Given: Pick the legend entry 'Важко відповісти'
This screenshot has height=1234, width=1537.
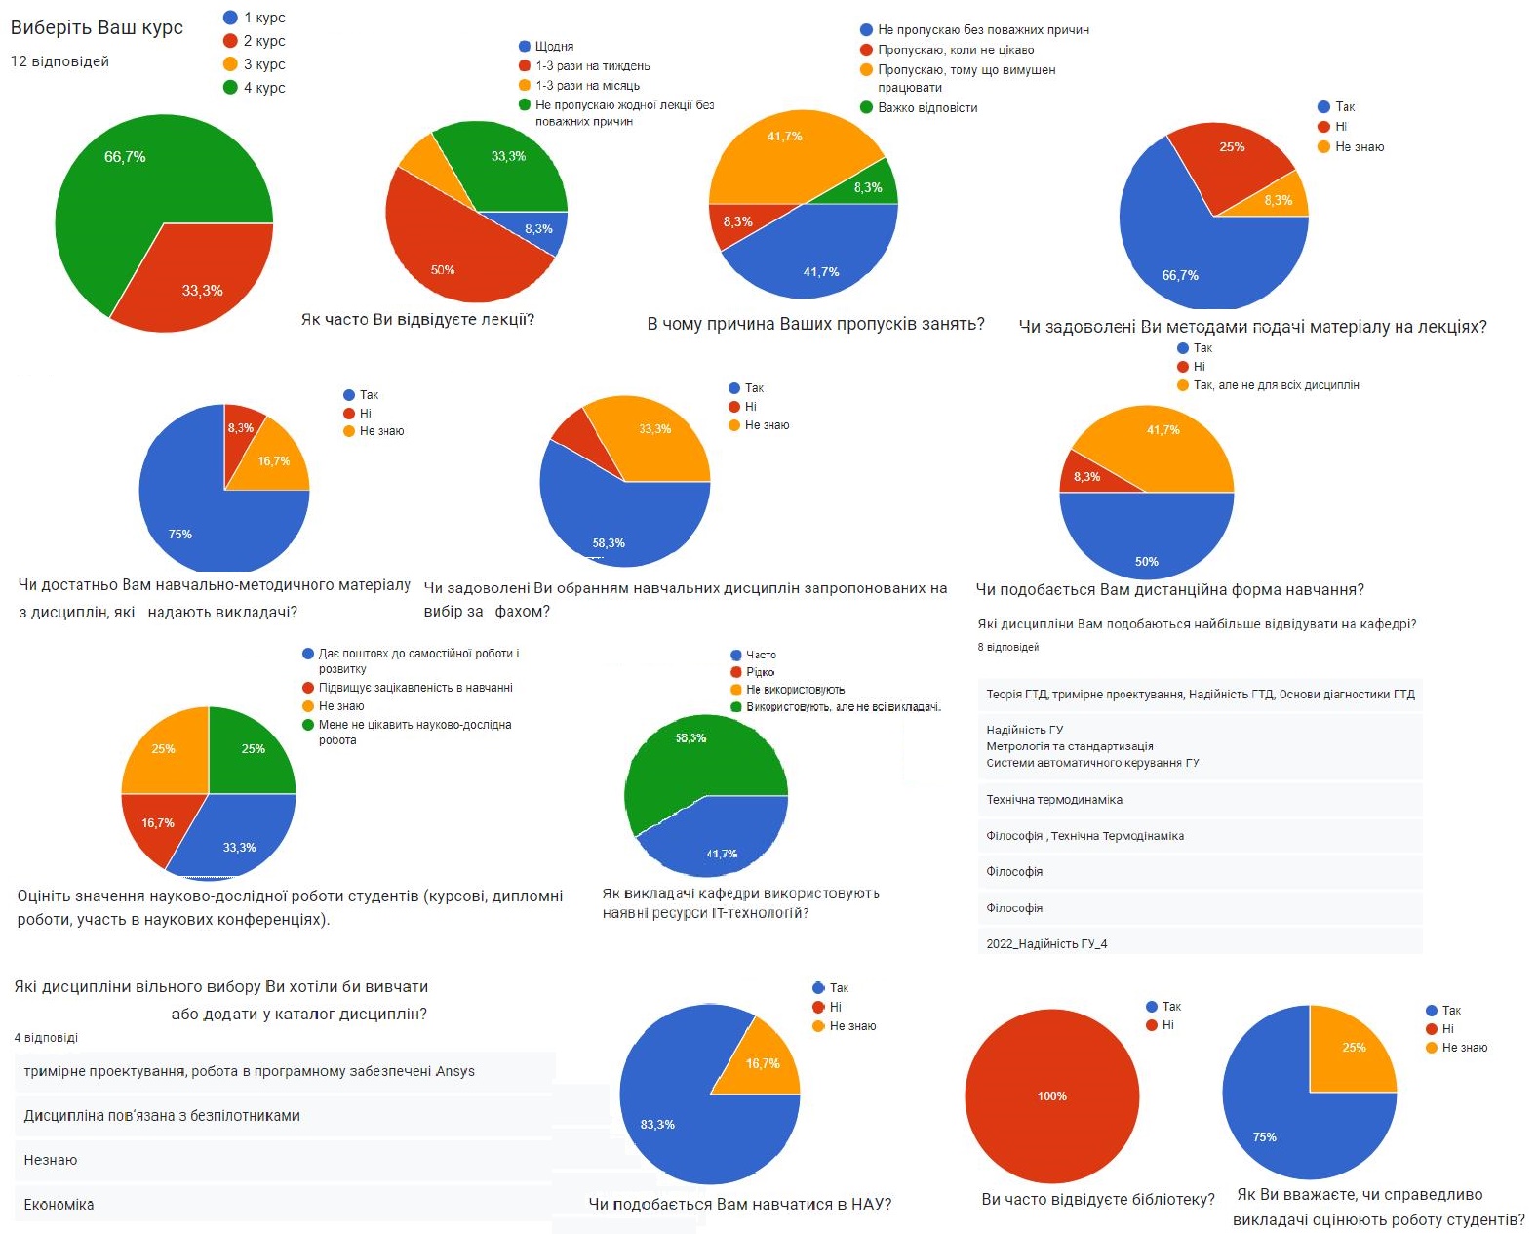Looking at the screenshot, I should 926,108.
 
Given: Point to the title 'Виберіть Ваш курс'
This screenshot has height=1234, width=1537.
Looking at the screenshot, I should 97,27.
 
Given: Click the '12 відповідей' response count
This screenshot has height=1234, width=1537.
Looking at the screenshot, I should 59,61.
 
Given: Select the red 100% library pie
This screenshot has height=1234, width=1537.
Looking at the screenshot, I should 1051,1095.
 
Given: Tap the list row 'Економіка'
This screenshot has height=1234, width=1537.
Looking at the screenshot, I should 59,1205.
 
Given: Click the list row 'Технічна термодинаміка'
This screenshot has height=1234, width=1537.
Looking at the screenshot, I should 1053,800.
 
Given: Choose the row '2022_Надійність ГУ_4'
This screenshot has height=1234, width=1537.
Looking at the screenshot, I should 1045,944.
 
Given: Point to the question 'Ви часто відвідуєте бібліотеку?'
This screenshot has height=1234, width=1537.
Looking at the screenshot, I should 1098,1199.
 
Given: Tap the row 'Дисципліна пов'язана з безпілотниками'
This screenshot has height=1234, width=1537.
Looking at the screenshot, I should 162,1116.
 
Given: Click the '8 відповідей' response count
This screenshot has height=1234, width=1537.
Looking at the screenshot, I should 1007,648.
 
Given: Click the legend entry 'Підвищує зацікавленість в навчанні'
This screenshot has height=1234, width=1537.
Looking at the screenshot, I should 414,688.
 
